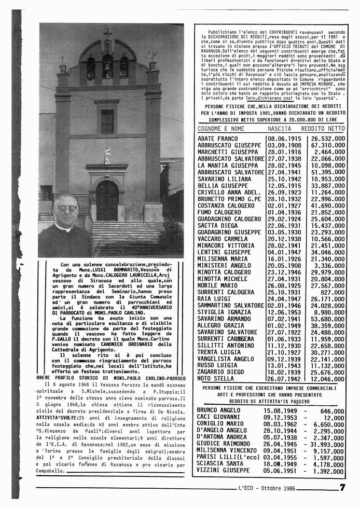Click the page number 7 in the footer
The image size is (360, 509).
342,487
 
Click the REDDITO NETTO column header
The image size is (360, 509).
323,128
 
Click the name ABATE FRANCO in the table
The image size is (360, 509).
217,139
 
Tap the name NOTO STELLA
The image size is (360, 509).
215,379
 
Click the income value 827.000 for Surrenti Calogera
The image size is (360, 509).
333,292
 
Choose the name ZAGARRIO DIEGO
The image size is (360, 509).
220,372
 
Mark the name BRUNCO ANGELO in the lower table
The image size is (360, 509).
218,410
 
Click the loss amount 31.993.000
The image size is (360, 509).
327,444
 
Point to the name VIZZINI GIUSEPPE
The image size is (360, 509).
223,471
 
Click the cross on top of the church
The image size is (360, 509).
107,33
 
